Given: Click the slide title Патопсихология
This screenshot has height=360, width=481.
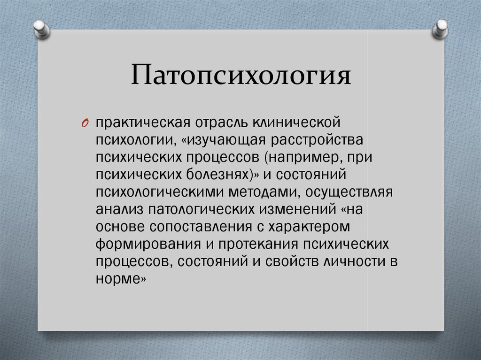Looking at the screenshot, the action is (x=241, y=75).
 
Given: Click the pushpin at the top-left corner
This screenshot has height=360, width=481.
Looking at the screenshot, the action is (x=41, y=29).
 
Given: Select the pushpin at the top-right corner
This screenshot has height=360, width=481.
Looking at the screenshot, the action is (x=440, y=29).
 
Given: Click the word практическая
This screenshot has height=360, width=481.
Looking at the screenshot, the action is (x=143, y=123).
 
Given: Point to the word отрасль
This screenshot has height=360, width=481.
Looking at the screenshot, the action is (x=222, y=123).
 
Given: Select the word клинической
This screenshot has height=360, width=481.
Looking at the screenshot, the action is (x=297, y=123).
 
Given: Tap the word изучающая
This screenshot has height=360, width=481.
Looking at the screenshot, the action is (x=226, y=140).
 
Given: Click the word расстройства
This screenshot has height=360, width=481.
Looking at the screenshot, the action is (x=317, y=140).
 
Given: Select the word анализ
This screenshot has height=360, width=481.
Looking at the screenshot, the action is (x=120, y=210).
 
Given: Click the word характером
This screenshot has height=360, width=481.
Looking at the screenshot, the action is (x=309, y=227).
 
